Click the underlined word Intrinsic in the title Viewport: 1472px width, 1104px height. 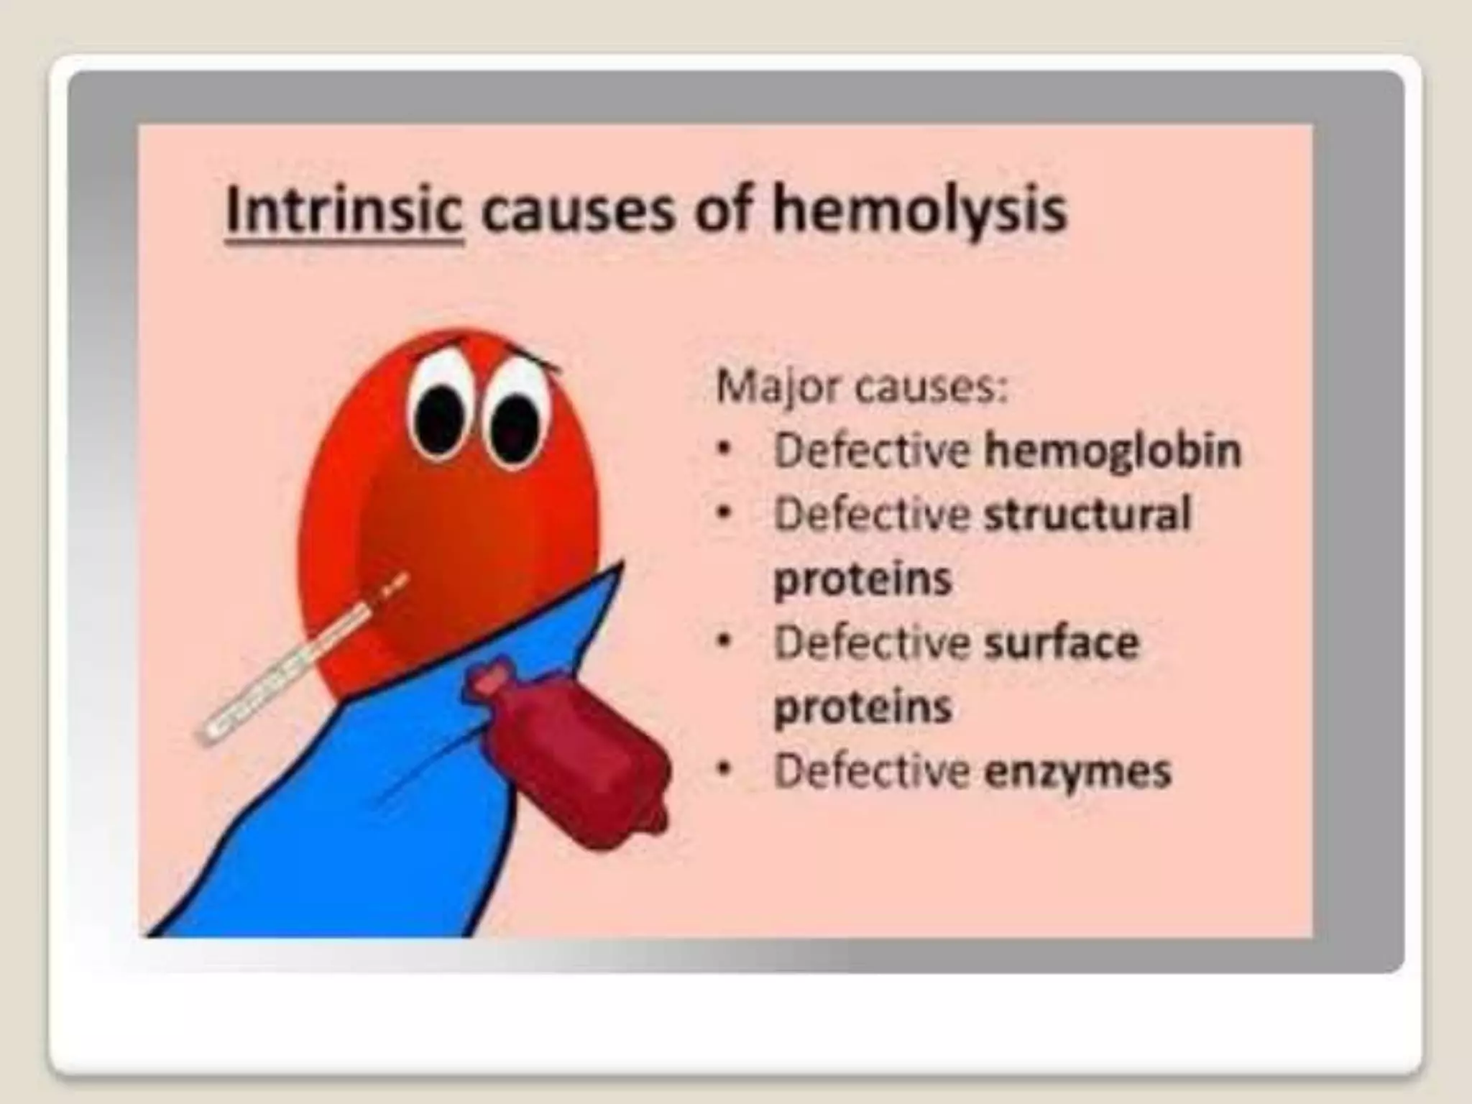click(344, 210)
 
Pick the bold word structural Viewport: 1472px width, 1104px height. click(1087, 515)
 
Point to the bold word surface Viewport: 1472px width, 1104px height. click(1061, 643)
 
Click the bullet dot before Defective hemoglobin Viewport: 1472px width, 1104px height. click(726, 451)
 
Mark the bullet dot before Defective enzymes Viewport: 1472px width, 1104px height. click(726, 771)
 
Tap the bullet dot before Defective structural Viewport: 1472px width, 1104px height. click(726, 515)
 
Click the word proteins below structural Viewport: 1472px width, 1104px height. click(862, 579)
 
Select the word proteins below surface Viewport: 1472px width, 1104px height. click(862, 707)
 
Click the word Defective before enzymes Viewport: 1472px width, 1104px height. click(871, 771)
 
